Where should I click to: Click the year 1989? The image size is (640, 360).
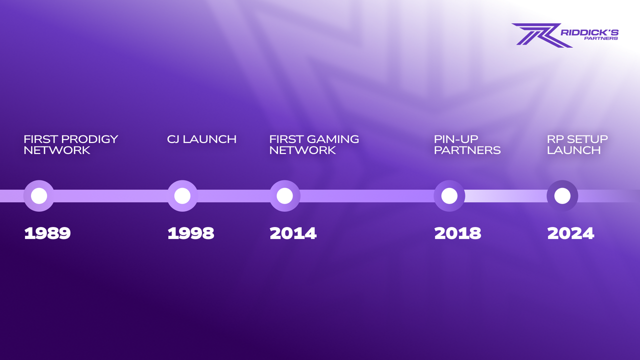click(x=47, y=233)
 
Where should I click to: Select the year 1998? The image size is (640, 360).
click(x=190, y=233)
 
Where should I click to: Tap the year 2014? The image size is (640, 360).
click(x=293, y=233)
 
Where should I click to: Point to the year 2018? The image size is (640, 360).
click(x=457, y=233)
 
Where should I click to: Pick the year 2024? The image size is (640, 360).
click(x=570, y=233)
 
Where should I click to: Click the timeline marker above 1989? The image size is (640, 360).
click(x=39, y=196)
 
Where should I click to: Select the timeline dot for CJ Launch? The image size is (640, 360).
click(x=182, y=196)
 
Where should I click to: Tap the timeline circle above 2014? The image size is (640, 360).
click(x=284, y=196)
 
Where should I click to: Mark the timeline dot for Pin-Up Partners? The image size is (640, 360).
click(x=449, y=196)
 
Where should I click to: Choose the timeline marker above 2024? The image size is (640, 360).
click(x=562, y=196)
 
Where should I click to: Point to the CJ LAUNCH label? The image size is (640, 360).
click(x=201, y=139)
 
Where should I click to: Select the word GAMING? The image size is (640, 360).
click(x=330, y=139)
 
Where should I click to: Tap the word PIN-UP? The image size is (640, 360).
click(x=456, y=139)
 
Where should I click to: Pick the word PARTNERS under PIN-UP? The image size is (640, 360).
click(x=467, y=150)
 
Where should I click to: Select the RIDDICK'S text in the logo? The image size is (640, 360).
click(x=589, y=32)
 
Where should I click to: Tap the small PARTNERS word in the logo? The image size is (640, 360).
click(x=601, y=38)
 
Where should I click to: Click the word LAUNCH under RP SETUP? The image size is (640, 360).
click(x=573, y=150)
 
